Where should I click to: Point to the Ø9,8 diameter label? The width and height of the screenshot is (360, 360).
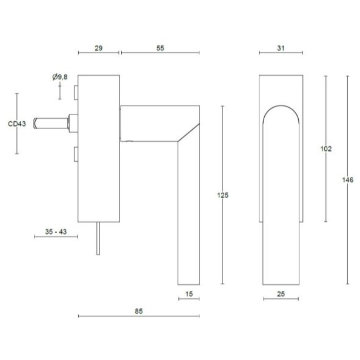pyautogui.click(x=61, y=77)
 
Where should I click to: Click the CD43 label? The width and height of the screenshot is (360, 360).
pyautogui.click(x=16, y=124)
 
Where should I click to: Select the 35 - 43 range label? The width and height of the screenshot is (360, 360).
pyautogui.click(x=56, y=230)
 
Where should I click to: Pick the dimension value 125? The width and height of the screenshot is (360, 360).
pyautogui.click(x=222, y=195)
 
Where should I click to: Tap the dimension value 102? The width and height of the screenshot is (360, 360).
pyautogui.click(x=325, y=148)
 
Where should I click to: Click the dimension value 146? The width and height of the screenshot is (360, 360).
pyautogui.click(x=348, y=180)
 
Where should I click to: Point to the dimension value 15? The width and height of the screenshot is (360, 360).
pyautogui.click(x=188, y=293)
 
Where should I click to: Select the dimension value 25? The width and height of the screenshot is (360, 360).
pyautogui.click(x=281, y=293)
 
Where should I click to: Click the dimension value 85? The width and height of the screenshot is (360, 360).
pyautogui.click(x=139, y=310)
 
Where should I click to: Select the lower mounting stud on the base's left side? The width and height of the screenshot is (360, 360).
pyautogui.click(x=76, y=154)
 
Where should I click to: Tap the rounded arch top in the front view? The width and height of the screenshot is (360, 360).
pyautogui.click(x=281, y=108)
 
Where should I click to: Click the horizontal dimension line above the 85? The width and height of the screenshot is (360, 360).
pyautogui.click(x=139, y=316)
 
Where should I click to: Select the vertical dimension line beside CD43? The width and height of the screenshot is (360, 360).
pyautogui.click(x=16, y=139)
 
